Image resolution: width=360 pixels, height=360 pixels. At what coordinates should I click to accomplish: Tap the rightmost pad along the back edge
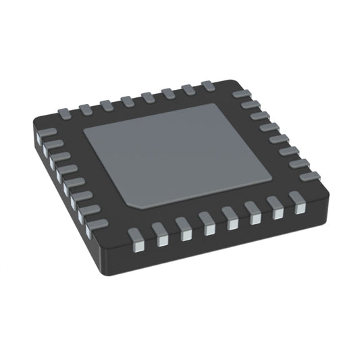pos(208,85)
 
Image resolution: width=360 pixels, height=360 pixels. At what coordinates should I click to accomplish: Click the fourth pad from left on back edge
pos(127,100)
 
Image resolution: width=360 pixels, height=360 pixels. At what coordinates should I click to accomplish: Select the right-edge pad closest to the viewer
pos(309,176)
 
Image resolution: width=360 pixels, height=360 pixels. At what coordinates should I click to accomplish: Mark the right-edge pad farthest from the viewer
pos(240,95)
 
